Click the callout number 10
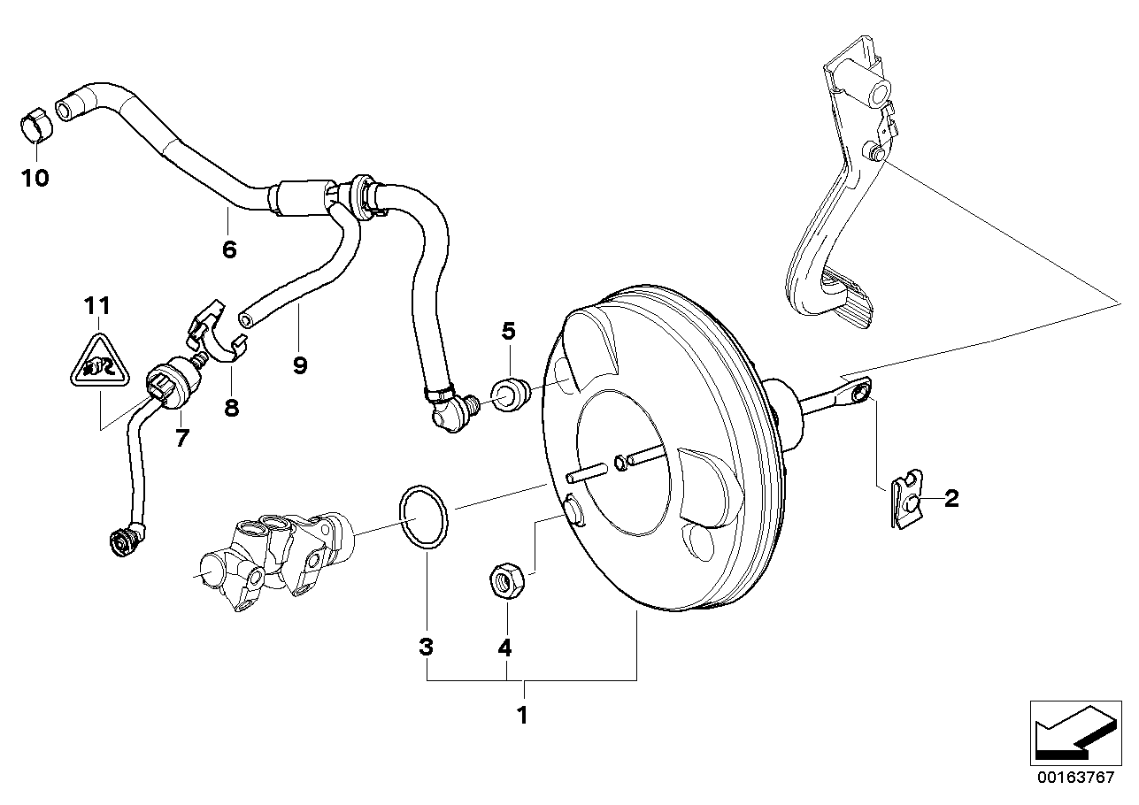pos(35,179)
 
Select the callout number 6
pos(229,249)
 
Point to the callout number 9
pos(300,364)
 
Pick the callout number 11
pos(97,306)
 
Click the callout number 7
pos(182,437)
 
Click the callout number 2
pos(951,499)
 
